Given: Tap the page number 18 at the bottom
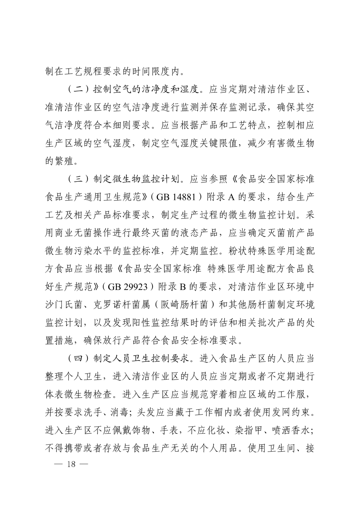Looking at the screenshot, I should click(x=71, y=464).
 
